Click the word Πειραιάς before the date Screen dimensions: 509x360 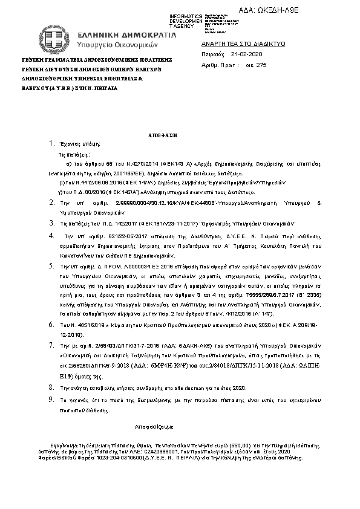tap(212, 54)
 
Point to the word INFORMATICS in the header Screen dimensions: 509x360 tap(186, 16)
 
